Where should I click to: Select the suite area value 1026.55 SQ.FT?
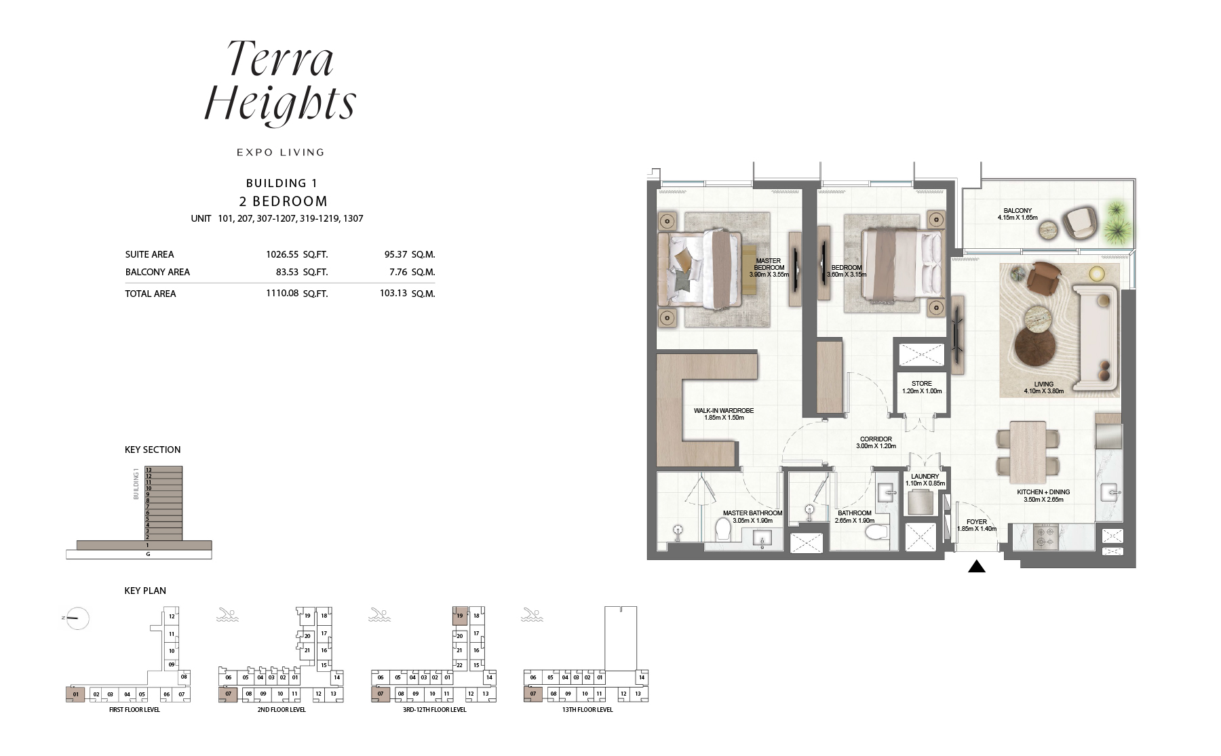(x=296, y=255)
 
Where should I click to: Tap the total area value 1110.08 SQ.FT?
(x=296, y=294)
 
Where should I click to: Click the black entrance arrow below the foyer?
(x=976, y=567)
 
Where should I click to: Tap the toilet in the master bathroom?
(x=723, y=530)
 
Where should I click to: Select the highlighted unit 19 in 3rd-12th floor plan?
(x=459, y=616)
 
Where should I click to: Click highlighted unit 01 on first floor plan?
(x=75, y=694)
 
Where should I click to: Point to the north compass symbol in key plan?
(x=78, y=618)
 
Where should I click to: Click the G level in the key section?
(x=148, y=554)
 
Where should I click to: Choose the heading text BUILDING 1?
(x=282, y=183)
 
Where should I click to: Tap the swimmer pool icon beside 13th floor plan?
(x=532, y=616)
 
